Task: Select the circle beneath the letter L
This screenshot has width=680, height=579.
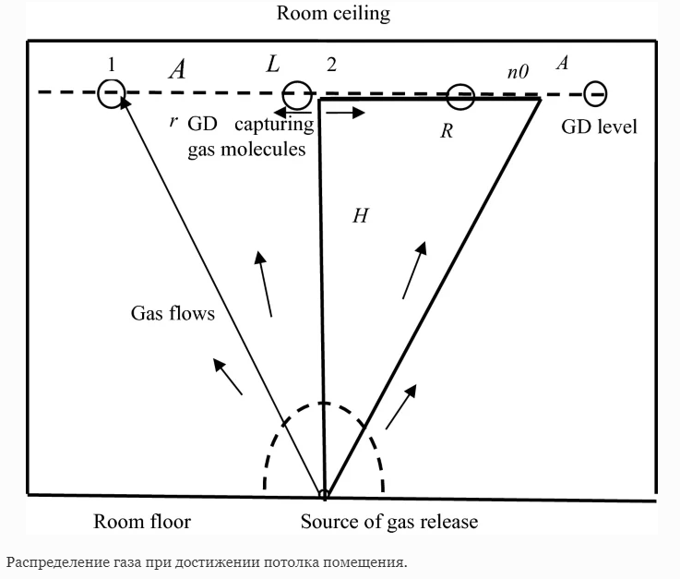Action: point(297,93)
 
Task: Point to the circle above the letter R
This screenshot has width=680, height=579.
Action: point(460,95)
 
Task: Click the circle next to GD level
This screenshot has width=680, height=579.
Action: point(595,93)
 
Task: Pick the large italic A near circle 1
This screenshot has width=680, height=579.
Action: point(177,70)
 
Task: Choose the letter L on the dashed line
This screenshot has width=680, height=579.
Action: point(273,66)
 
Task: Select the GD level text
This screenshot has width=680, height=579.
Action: point(599,127)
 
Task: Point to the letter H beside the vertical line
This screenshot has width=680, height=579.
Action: point(361,215)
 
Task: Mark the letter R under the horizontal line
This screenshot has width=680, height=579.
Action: point(447,130)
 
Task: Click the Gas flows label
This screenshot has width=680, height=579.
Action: point(172,313)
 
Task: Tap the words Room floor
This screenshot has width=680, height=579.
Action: point(142,522)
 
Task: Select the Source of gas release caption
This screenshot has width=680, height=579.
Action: point(389,522)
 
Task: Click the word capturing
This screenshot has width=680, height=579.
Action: point(276,126)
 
